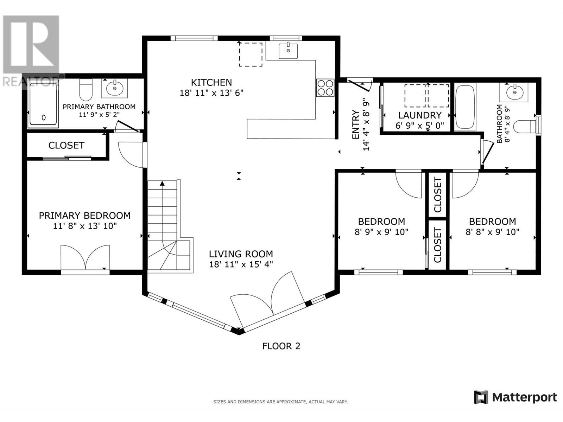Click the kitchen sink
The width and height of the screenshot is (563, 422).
(x=288, y=51)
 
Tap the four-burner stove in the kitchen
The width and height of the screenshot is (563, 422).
(x=325, y=88)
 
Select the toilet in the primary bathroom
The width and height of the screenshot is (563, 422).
(x=86, y=89)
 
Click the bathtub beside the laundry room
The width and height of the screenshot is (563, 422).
(x=465, y=107)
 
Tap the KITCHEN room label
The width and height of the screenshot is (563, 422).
(x=211, y=83)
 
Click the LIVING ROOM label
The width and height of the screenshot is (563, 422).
(x=241, y=254)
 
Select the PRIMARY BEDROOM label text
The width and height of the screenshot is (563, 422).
(x=85, y=216)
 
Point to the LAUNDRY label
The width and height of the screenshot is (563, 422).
(x=420, y=115)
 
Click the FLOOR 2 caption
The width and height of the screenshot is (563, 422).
(x=281, y=346)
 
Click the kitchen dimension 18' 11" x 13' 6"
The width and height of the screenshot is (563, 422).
(x=211, y=93)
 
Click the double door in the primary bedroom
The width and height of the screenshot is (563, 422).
(x=85, y=257)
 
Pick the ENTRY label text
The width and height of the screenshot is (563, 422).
(x=355, y=124)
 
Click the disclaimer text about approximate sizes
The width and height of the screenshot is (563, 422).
(x=280, y=402)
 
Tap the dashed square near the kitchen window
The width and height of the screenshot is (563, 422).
(x=251, y=55)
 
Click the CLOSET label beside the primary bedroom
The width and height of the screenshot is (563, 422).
(x=67, y=146)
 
